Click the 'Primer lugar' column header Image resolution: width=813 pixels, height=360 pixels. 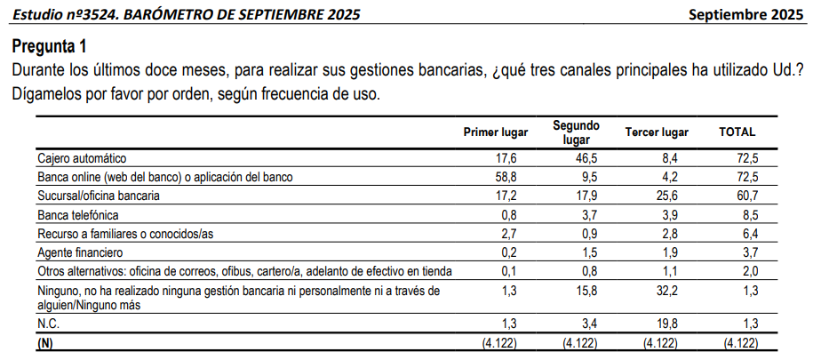[x=496, y=132]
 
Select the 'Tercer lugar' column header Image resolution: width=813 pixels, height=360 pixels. [x=657, y=132]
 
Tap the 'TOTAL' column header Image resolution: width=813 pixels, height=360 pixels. [x=737, y=132]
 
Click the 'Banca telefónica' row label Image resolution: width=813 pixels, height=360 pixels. [x=77, y=215]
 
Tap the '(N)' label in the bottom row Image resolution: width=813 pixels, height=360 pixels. [x=45, y=341]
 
